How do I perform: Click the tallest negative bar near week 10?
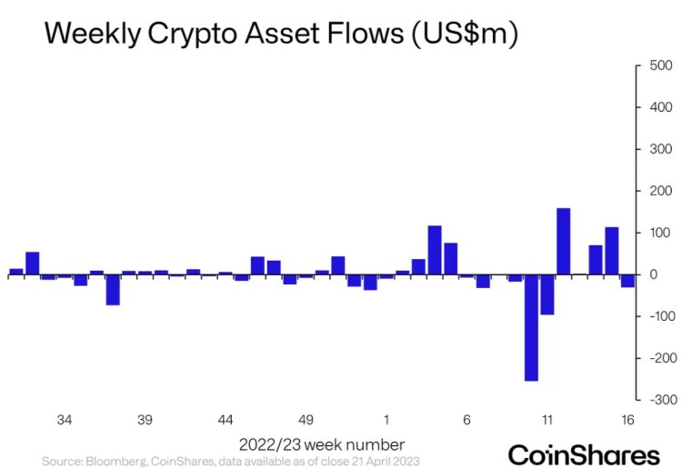click(531, 327)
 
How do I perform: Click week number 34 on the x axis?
click(65, 421)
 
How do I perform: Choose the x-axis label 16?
click(627, 421)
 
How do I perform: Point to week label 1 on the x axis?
click(386, 421)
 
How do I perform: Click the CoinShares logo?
click(583, 453)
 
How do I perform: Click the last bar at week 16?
click(627, 281)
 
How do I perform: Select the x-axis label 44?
click(226, 421)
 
